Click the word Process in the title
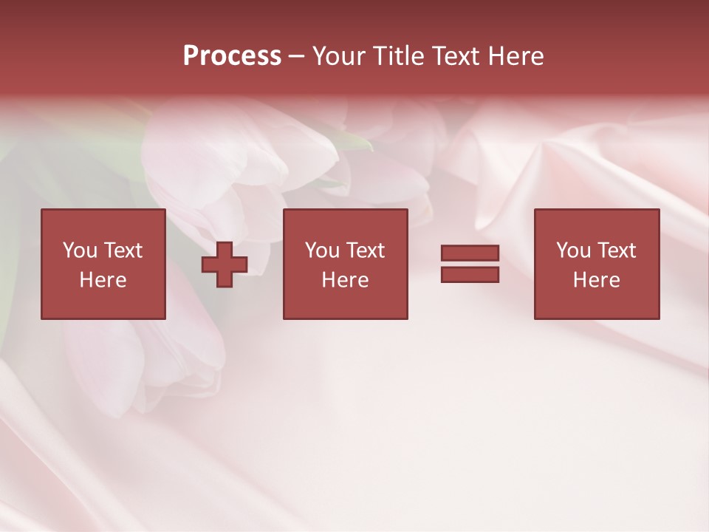click(232, 56)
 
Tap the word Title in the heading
click(400, 56)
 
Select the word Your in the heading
click(340, 56)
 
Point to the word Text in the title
click(456, 56)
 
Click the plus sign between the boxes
click(225, 265)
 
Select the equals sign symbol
click(470, 264)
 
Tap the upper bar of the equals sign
click(470, 253)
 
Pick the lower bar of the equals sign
click(470, 274)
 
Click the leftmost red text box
click(103, 264)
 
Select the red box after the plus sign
click(345, 264)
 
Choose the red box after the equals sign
click(596, 264)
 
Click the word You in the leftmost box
click(80, 250)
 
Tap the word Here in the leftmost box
click(103, 280)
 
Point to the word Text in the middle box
click(366, 250)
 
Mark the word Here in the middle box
click(345, 280)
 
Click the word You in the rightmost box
click(573, 250)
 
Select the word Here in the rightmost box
click(596, 280)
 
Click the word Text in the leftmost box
click(123, 250)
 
